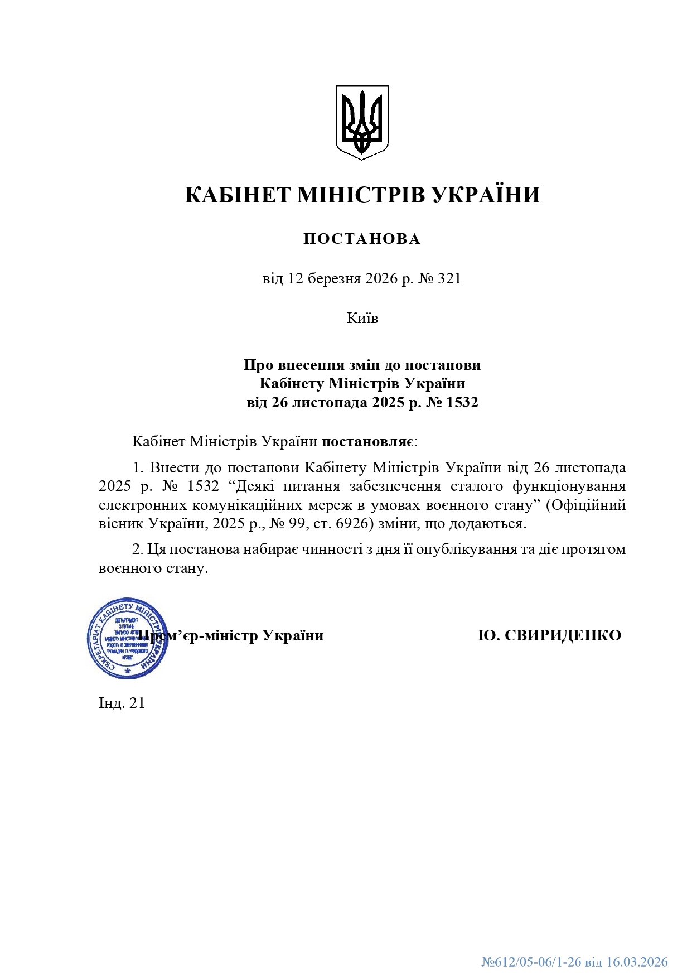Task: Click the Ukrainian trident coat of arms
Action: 361,122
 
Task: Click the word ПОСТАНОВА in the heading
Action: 362,239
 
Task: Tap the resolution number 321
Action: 449,278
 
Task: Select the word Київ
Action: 362,318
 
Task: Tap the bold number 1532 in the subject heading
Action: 462,402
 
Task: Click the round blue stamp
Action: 128,638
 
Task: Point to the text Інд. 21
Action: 122,703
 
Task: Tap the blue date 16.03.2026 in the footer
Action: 637,962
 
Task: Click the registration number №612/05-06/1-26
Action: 531,962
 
